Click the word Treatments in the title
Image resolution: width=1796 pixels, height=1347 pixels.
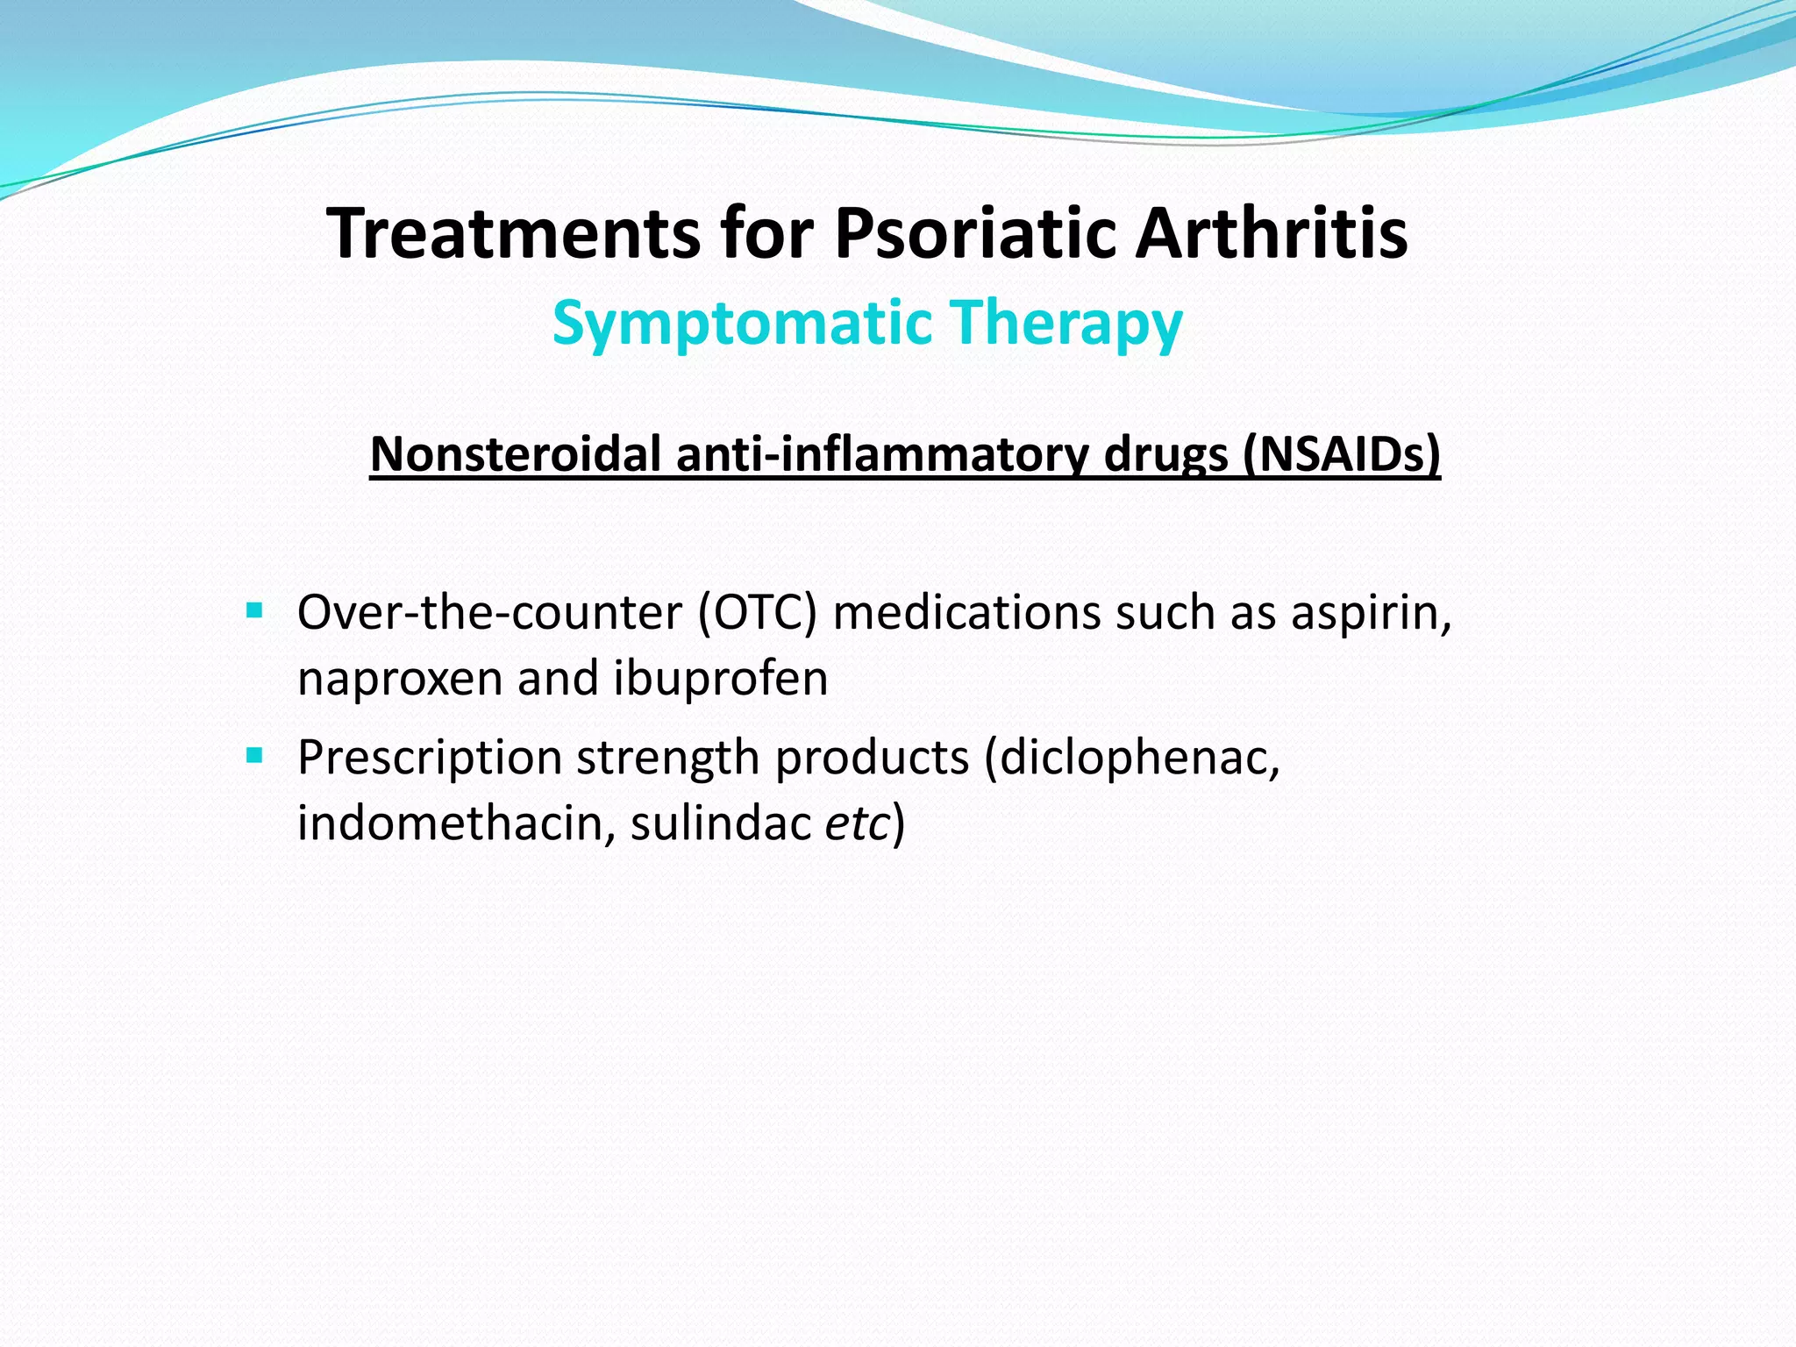click(x=513, y=233)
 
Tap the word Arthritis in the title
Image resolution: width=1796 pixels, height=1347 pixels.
click(x=1272, y=233)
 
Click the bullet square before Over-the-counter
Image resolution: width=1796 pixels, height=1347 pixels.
click(x=255, y=609)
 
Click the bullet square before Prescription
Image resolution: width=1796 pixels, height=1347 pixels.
click(x=255, y=754)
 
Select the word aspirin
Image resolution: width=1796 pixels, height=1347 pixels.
click(x=1370, y=612)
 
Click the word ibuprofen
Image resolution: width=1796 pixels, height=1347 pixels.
click(x=720, y=678)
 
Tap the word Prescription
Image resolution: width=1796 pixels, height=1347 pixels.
click(x=429, y=758)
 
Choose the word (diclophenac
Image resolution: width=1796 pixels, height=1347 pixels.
click(x=1131, y=756)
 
